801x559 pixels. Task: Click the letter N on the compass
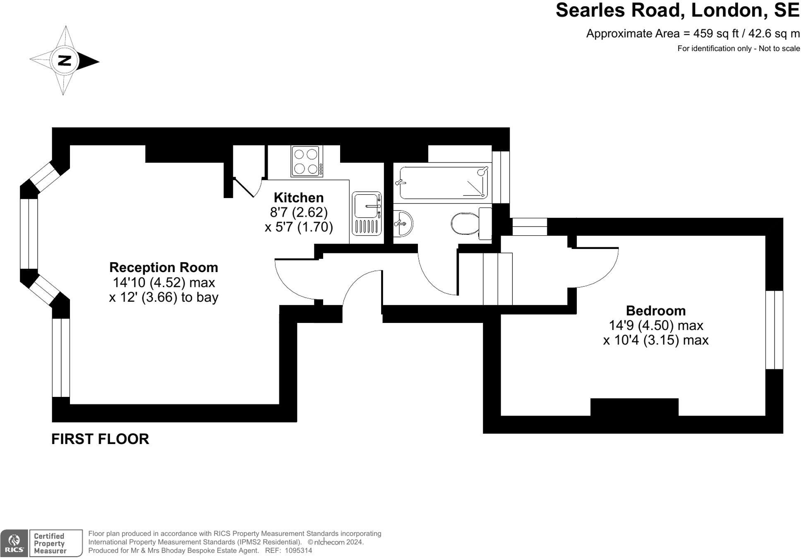[65, 61]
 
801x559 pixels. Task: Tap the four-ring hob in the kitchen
[307, 161]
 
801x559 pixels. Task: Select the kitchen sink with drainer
[367, 213]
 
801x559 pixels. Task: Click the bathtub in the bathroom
[443, 182]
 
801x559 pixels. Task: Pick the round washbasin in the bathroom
[402, 223]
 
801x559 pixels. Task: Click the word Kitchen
[298, 197]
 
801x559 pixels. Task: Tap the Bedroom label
[655, 311]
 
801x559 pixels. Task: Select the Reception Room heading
[163, 268]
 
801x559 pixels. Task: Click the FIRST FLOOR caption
[100, 439]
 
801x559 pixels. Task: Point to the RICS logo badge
[14, 543]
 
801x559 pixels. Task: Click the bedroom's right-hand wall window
[774, 330]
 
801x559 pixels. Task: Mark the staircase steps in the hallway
[498, 279]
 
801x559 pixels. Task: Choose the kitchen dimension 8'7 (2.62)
[298, 212]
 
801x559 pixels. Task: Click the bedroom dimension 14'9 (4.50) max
[655, 325]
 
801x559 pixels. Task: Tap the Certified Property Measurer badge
[55, 543]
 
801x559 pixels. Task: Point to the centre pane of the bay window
[29, 234]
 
